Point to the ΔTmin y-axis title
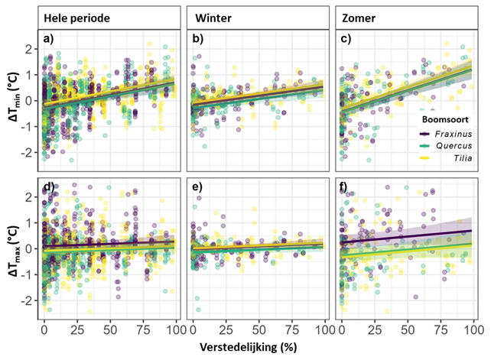tap(13, 102)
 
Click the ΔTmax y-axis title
tap(13, 248)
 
